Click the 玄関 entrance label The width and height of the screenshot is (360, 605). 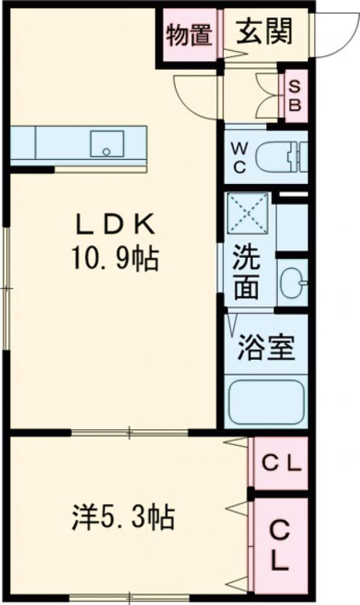pyautogui.click(x=265, y=33)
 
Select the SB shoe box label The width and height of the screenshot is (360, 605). pyautogui.click(x=294, y=95)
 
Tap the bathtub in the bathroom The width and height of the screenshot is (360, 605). pyautogui.click(x=266, y=402)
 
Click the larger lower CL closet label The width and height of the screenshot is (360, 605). pyautogui.click(x=280, y=546)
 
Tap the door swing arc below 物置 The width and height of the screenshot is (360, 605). pyautogui.click(x=192, y=98)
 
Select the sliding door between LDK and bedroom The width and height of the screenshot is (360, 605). pyautogui.click(x=129, y=432)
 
